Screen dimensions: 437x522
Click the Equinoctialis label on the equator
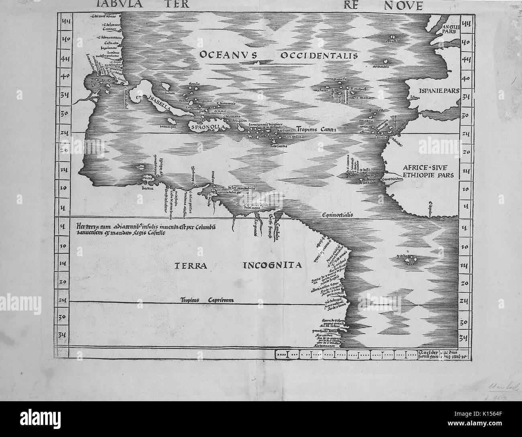pos(337,215)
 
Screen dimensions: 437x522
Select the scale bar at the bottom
pos(345,354)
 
